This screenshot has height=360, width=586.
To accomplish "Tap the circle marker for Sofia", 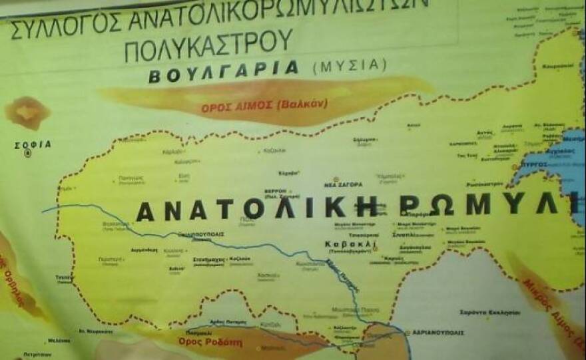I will [28, 153].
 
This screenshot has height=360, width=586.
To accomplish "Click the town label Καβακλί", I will [350, 244].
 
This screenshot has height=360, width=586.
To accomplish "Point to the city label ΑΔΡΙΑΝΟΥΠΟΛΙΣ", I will [440, 332].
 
